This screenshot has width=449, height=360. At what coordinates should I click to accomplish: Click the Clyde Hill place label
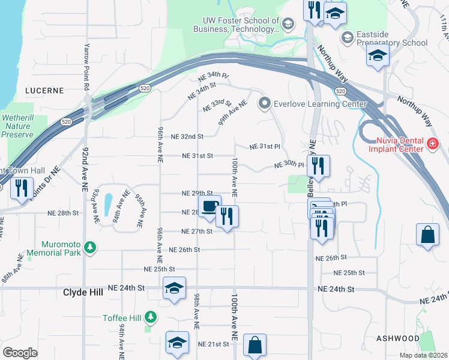click(x=83, y=292)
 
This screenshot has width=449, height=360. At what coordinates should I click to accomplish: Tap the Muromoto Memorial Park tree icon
click(x=90, y=247)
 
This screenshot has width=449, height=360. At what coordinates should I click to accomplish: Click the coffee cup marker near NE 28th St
click(x=209, y=207)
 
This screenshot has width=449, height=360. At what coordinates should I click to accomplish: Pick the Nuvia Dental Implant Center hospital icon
click(x=433, y=144)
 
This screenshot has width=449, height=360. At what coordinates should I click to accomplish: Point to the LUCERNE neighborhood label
click(x=44, y=91)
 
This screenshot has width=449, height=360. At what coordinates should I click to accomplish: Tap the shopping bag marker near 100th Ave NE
click(x=255, y=345)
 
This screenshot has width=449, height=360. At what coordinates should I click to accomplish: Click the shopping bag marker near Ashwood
click(x=427, y=235)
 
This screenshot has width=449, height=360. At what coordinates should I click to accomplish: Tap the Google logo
click(x=20, y=352)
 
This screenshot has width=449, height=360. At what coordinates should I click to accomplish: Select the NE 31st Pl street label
click(x=265, y=146)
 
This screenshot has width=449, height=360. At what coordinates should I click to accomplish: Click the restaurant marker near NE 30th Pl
click(x=318, y=166)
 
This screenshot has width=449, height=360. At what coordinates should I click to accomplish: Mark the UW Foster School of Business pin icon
click(x=288, y=24)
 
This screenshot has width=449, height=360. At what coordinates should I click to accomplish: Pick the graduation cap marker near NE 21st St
click(x=178, y=342)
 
